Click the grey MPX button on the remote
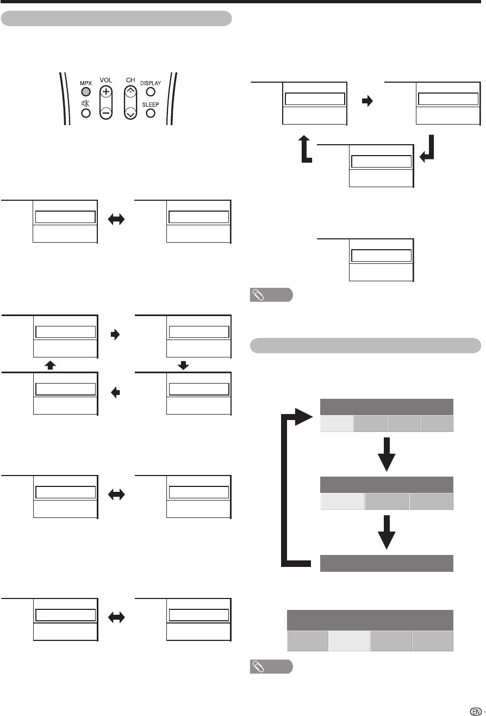pos(85,91)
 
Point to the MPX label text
pos(85,81)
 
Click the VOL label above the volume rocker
pos(107,80)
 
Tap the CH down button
pos(130,113)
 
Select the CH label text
pos(130,80)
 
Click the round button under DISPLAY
pos(151,91)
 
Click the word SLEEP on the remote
pos(151,104)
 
